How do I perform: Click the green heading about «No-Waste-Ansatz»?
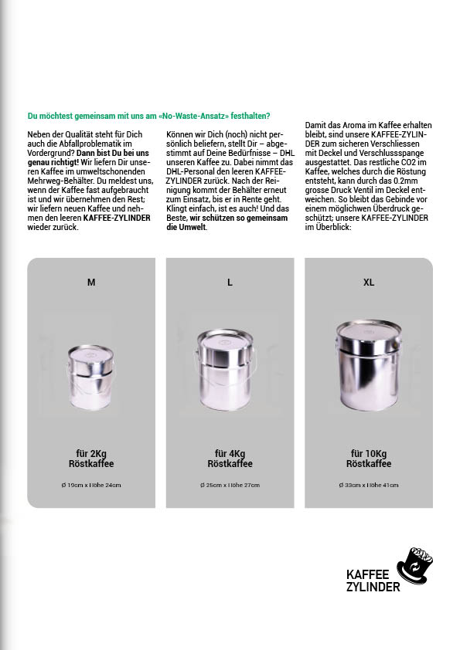(148, 116)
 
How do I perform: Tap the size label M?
(91, 283)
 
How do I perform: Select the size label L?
(230, 283)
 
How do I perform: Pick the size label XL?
(369, 283)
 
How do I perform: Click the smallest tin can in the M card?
(91, 377)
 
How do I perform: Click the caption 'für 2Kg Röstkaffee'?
(91, 459)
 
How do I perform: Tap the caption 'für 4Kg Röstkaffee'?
(230, 459)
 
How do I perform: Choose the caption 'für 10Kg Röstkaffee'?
(369, 459)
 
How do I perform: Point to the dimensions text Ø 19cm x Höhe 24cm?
(91, 485)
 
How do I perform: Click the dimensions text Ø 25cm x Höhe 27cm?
(230, 485)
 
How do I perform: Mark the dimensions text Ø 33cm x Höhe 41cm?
(369, 485)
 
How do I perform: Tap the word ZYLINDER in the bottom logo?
(373, 587)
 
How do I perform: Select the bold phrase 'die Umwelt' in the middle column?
(186, 227)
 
